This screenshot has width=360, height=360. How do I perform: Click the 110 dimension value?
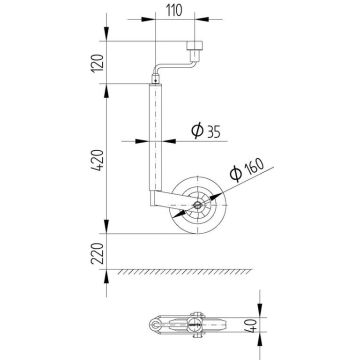(174, 11)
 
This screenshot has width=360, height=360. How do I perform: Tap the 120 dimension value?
(97, 63)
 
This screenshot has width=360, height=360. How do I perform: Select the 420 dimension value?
(97, 160)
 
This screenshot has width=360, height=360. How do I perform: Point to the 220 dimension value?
(97, 253)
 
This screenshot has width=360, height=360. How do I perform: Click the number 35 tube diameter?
(214, 132)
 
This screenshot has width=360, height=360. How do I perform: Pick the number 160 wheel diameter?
(254, 166)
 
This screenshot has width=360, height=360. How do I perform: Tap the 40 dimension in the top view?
(253, 325)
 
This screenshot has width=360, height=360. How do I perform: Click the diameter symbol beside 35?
(197, 131)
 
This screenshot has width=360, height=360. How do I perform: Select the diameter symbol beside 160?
(236, 174)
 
